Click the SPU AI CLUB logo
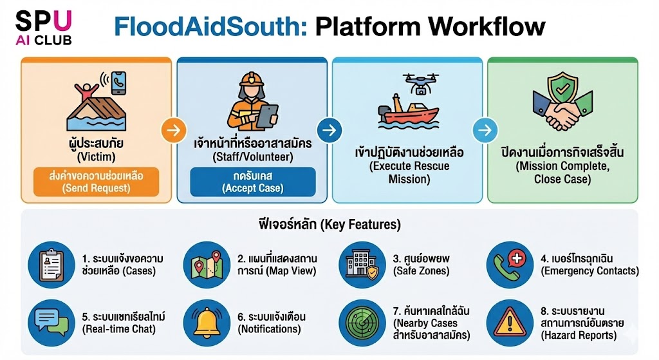tap(44, 28)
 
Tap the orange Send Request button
tap(97, 182)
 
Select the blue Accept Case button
tap(252, 182)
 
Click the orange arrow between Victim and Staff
tap(174, 130)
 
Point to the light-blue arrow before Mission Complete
tap(485, 130)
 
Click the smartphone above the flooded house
tap(119, 83)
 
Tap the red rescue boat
tap(407, 112)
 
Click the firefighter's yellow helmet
tap(252, 79)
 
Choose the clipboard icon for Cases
tap(51, 265)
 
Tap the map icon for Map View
tap(207, 265)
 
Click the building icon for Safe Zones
tap(362, 265)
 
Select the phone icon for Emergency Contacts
tap(510, 265)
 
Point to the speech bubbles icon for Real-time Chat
tap(51, 323)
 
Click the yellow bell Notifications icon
tap(207, 323)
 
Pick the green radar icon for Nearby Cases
tap(362, 323)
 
